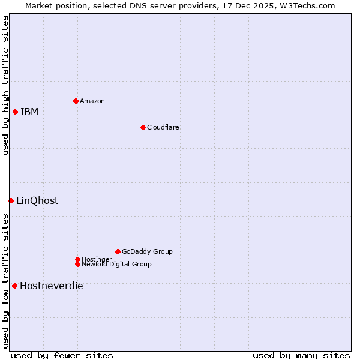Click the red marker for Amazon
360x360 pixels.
pos(76,101)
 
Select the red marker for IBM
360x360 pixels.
pos(15,112)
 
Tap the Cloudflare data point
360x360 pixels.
pos(143,127)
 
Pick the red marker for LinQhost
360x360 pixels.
pos(11,200)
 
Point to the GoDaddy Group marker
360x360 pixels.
pos(118,251)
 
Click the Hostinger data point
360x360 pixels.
pos(77,259)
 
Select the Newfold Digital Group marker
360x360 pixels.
pos(77,264)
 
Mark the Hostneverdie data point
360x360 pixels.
pos(14,286)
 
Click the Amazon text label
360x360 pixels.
pos(92,101)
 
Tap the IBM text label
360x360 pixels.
pos(29,112)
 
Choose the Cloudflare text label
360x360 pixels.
pos(163,127)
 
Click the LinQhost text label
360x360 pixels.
pos(37,201)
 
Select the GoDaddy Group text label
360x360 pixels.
pos(147,251)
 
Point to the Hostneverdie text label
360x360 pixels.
pos(52,286)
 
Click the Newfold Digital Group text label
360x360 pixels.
pos(116,264)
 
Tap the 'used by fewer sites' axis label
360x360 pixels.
pos(62,355)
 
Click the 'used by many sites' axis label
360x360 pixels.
pos(301,355)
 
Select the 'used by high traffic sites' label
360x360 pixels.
pos(5,85)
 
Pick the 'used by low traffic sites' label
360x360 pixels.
pos(5,281)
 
